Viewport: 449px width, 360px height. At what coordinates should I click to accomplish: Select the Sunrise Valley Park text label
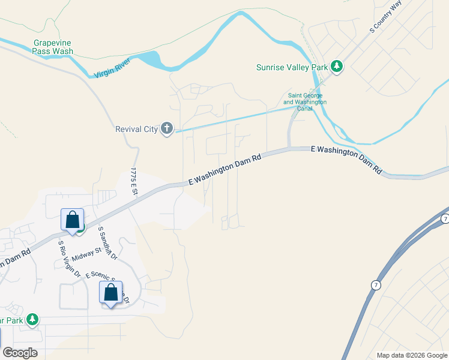[x=292, y=67]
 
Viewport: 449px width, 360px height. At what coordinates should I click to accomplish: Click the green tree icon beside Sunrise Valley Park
[x=337, y=67]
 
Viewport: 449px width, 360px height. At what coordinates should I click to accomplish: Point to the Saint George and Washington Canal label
[x=305, y=99]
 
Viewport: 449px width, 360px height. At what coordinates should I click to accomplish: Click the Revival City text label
[x=136, y=128]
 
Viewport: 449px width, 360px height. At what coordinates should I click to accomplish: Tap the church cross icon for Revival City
[x=167, y=128]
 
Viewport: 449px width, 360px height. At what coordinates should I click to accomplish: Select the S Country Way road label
[x=385, y=16]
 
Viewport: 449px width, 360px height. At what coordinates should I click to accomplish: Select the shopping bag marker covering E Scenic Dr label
[x=110, y=293]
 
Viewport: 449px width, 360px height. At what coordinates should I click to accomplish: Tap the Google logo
[x=20, y=353]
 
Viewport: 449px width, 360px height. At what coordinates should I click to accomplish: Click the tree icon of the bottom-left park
[x=33, y=320]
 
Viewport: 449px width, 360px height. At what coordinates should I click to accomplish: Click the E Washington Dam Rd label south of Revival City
[x=226, y=169]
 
